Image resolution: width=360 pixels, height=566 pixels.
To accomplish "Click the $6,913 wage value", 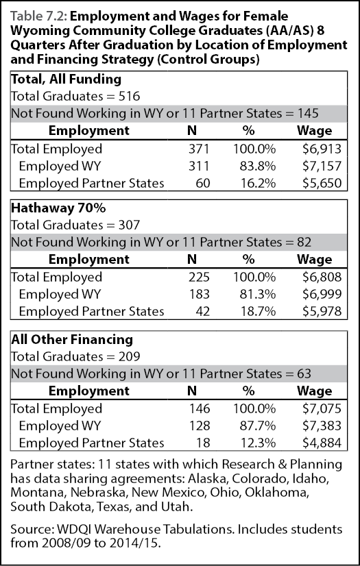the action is [x=322, y=149].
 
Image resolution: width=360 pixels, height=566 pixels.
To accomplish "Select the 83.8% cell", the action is [x=258, y=166].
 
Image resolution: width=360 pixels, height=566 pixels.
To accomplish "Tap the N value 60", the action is [x=202, y=184].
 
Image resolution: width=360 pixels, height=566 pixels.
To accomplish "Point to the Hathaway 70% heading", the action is [x=58, y=208].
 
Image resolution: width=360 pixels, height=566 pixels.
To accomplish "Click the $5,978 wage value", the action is [x=322, y=311].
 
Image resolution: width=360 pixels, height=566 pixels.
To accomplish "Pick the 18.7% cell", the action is [x=258, y=311].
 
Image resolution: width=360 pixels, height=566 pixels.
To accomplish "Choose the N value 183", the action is [x=200, y=294].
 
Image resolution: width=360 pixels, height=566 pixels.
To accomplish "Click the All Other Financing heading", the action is [x=72, y=339].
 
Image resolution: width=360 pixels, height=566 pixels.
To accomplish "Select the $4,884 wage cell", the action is [x=322, y=443].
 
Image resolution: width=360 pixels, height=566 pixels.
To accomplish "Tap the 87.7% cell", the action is [x=258, y=426].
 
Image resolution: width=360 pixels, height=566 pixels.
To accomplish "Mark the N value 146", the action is [x=200, y=408].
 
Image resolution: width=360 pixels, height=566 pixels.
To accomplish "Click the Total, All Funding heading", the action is [x=66, y=79].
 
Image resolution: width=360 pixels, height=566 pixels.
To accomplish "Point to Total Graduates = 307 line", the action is [x=75, y=225].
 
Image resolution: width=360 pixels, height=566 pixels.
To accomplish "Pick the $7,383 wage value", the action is [x=322, y=426].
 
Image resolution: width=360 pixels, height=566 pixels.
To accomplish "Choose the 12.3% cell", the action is [x=258, y=443].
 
